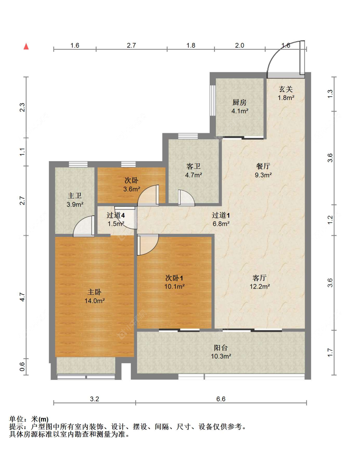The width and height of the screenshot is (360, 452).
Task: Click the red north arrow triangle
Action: click(x=26, y=46)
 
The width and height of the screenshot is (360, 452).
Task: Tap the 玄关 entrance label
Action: click(x=286, y=89)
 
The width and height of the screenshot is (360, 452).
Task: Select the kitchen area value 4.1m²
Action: click(x=240, y=111)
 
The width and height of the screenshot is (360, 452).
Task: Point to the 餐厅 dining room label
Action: click(x=263, y=166)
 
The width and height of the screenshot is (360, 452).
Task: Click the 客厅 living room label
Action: click(x=260, y=278)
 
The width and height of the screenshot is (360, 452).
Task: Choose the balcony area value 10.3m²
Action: click(x=221, y=356)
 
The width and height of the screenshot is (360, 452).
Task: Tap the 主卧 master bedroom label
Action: click(x=94, y=292)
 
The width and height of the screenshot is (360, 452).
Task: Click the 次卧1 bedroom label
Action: click(x=174, y=278)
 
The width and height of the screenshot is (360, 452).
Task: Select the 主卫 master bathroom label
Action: click(x=75, y=195)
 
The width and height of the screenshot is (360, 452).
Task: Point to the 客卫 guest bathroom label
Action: click(x=193, y=166)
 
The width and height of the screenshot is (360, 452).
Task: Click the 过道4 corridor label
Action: click(x=116, y=215)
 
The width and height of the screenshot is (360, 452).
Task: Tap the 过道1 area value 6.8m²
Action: click(x=221, y=224)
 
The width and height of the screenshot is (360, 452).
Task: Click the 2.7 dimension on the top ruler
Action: click(x=131, y=45)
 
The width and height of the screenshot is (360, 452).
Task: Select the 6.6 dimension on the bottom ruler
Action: click(x=221, y=399)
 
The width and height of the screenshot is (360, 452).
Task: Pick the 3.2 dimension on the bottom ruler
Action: click(x=94, y=399)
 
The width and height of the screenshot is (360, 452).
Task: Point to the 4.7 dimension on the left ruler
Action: click(x=22, y=297)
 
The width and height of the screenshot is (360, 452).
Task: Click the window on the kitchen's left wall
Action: click(x=213, y=100)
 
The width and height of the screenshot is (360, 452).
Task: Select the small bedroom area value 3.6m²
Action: click(x=132, y=189)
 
